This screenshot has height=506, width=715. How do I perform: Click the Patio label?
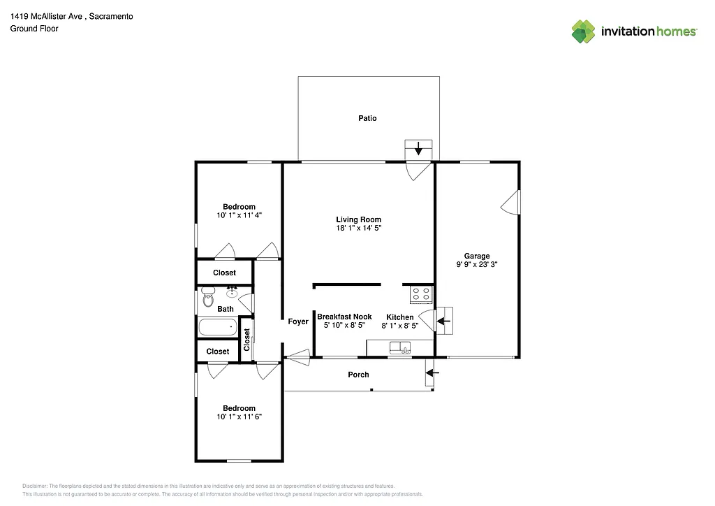(x=367, y=118)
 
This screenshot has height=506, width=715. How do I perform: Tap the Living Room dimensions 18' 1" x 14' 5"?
(x=358, y=228)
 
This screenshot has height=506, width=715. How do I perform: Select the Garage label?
(x=477, y=256)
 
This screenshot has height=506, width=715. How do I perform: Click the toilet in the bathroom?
(x=207, y=298)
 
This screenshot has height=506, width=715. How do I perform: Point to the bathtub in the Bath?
(x=219, y=327)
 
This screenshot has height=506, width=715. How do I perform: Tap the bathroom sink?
(x=233, y=290)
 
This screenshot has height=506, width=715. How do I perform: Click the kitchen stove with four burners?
(x=421, y=294)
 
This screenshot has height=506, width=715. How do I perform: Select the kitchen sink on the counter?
(x=400, y=347)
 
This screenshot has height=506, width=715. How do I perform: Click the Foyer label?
(x=298, y=321)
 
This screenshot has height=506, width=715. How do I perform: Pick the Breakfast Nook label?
(x=344, y=317)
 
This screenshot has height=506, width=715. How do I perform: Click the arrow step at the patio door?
(x=419, y=149)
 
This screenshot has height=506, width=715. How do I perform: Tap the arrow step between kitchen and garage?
(x=444, y=321)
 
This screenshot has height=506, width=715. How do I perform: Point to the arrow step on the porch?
(x=429, y=373)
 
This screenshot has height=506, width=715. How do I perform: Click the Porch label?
(x=358, y=375)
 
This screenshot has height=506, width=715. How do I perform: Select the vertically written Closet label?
(x=246, y=340)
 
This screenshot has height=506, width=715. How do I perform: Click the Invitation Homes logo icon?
(x=584, y=31)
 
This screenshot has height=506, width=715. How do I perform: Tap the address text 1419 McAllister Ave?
(x=52, y=16)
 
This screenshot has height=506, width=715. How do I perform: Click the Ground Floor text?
(x=34, y=29)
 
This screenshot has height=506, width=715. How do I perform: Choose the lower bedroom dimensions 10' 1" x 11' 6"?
(x=239, y=417)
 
